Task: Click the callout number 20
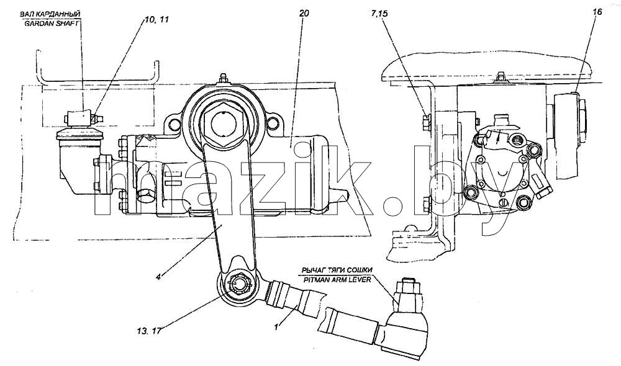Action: click(x=304, y=14)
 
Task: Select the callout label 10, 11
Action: click(x=155, y=19)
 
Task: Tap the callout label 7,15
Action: click(x=380, y=14)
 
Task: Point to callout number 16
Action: click(x=597, y=12)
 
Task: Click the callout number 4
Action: click(x=158, y=277)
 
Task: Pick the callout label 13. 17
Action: click(x=150, y=331)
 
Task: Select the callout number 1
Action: click(x=277, y=326)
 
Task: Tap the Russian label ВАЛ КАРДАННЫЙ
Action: click(x=50, y=14)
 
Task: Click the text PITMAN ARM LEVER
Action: click(x=336, y=279)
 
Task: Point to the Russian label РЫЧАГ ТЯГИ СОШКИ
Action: click(x=337, y=270)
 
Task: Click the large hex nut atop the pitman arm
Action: click(x=224, y=124)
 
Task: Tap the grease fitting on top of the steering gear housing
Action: click(x=224, y=78)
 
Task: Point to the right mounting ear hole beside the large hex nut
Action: click(x=272, y=124)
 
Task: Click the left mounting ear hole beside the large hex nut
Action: click(x=174, y=125)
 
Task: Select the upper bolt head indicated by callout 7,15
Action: click(x=427, y=123)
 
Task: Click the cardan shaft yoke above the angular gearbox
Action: click(x=82, y=118)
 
